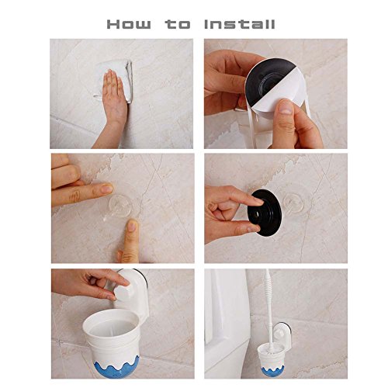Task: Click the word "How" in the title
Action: coord(129,24)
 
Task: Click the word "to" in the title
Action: coord(178,24)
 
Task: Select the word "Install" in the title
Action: coord(240,24)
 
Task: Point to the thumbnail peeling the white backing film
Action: coord(286,107)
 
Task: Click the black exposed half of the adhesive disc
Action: coord(266,78)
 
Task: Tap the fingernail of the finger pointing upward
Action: coord(133,226)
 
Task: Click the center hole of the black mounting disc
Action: coord(258,214)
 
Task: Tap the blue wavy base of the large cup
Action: coord(116,367)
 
